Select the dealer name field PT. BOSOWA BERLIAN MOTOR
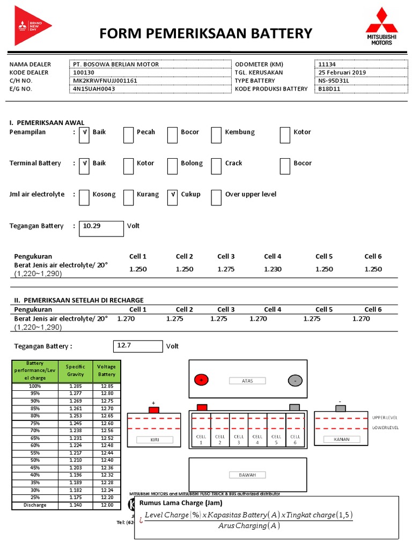click(x=116, y=64)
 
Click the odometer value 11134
click(x=327, y=64)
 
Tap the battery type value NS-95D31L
click(x=333, y=81)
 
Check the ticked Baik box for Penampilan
click(x=84, y=135)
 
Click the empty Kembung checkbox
click(x=216, y=135)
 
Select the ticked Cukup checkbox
click(x=172, y=197)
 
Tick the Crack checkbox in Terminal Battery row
click(x=216, y=166)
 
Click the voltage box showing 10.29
click(x=101, y=228)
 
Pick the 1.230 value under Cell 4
click(x=273, y=269)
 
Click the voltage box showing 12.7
click(x=138, y=346)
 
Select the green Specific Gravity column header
click(x=76, y=370)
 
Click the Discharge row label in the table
click(x=35, y=505)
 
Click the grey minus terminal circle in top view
click(x=295, y=380)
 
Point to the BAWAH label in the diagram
click(x=247, y=474)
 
